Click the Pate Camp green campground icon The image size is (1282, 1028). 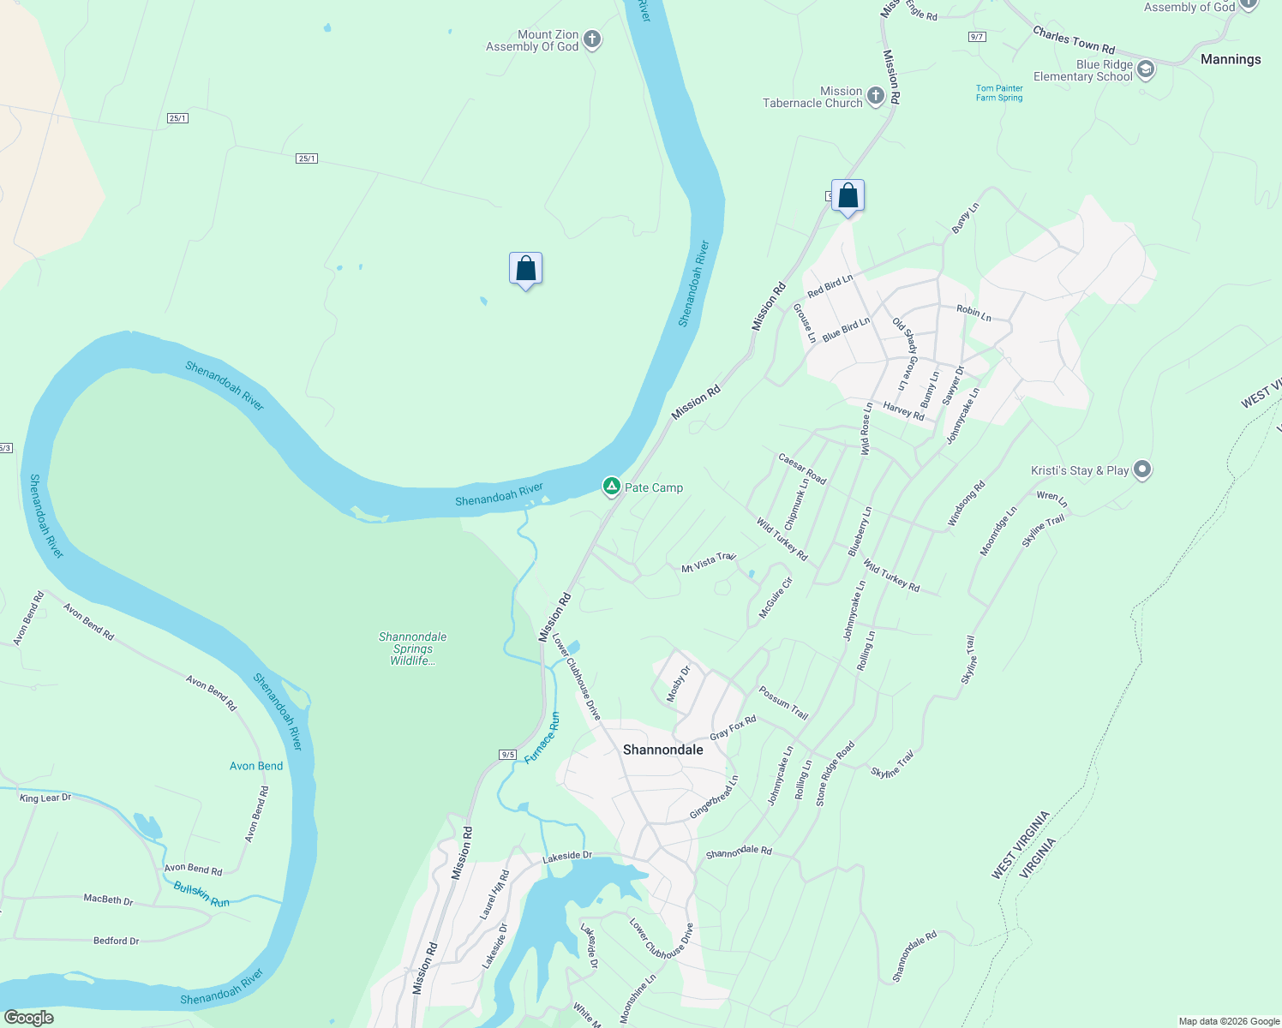coord(611,487)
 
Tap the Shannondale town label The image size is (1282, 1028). coord(662,750)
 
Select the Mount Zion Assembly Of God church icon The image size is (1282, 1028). coord(592,39)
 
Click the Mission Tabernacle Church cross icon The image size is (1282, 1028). coord(875,96)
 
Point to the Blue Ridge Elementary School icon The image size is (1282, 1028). coord(1146,69)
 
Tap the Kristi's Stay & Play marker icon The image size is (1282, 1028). coord(1141,469)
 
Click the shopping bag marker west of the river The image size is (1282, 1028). coord(525,269)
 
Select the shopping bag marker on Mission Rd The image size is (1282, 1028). coord(848,196)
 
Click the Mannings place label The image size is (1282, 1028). coord(1230,59)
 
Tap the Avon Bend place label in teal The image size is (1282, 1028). coord(255,766)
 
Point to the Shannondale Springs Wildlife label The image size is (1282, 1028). coord(412,648)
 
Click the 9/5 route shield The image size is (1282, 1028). coord(508,755)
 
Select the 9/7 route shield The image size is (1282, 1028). coord(976,37)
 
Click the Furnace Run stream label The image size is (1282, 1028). coord(542,738)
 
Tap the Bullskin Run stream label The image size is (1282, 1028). coord(201,894)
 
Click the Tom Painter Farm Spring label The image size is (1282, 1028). coord(999,93)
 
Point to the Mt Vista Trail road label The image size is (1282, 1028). coord(708,563)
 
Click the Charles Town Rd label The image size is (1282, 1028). coord(1073,39)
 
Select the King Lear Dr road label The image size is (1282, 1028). coord(45,798)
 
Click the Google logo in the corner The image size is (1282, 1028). coord(28,1018)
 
